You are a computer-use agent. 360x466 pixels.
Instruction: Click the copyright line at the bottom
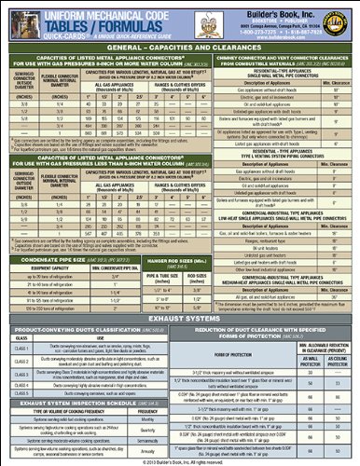tap(180, 461)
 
